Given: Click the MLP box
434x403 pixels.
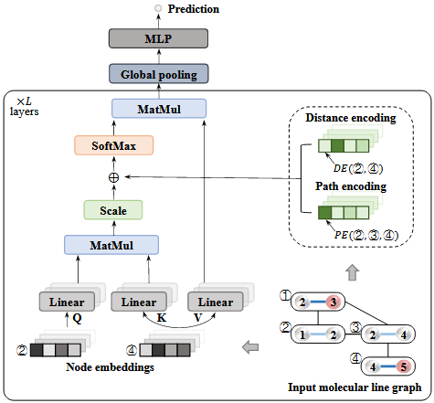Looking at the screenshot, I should pyautogui.click(x=160, y=39).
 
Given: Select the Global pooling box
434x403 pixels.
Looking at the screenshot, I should pyautogui.click(x=160, y=74).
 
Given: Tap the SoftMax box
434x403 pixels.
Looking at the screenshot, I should pyautogui.click(x=113, y=145).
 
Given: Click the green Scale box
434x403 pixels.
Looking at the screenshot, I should pyautogui.click(x=113, y=210).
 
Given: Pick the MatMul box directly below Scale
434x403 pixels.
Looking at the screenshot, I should pyautogui.click(x=112, y=244).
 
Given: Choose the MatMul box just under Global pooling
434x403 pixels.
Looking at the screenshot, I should pyautogui.click(x=160, y=109).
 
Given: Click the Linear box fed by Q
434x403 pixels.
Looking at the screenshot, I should pyautogui.click(x=66, y=302).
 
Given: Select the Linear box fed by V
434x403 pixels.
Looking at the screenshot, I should pyautogui.click(x=216, y=302).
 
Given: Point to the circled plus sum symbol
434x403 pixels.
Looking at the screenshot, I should pyautogui.click(x=114, y=176).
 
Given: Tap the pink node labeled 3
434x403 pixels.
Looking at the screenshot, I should pyautogui.click(x=335, y=301).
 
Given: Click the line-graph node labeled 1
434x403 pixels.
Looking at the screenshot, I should pyautogui.click(x=303, y=335).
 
